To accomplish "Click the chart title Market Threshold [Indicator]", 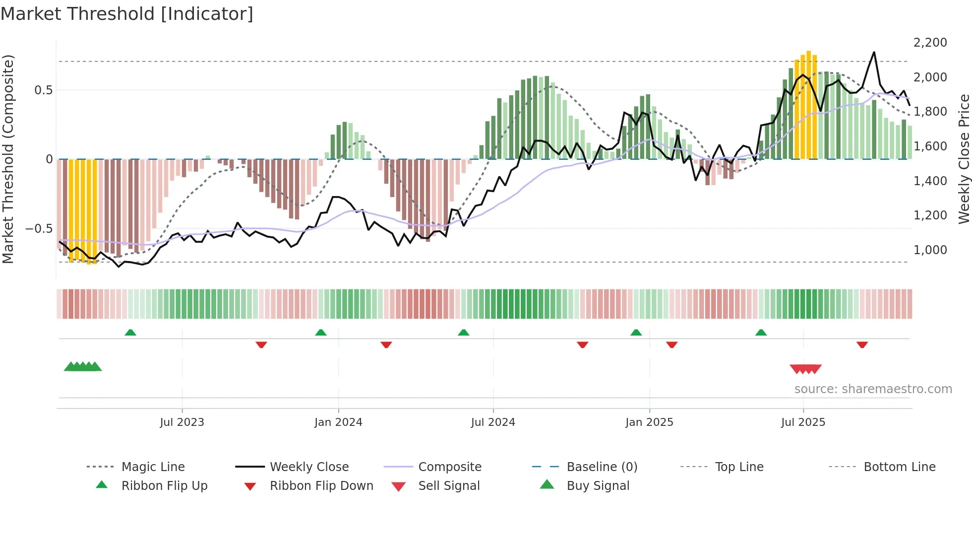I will pos(127,14).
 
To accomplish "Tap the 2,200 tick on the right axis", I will pos(930,43).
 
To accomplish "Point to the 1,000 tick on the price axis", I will pos(930,250).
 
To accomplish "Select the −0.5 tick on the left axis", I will pos(39,229).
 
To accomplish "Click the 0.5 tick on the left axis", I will pos(43,90).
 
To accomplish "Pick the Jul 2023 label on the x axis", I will pos(182,422).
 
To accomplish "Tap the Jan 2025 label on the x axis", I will pos(649,422).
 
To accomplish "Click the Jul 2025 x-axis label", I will pos(803,422).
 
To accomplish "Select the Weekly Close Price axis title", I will pos(964,159).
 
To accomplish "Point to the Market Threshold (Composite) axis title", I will pos(8,159).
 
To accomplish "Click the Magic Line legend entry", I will pos(153,467).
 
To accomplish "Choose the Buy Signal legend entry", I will pos(598,486).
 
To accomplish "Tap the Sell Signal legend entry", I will pos(449,486).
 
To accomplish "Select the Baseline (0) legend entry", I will pos(602,467).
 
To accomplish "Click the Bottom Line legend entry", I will pos(899,467).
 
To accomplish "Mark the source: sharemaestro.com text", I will pos(873,389).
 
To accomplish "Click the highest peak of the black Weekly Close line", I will pos(874,53).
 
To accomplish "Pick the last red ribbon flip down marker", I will pos(862,344).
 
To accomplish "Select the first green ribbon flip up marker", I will pos(130,333).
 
